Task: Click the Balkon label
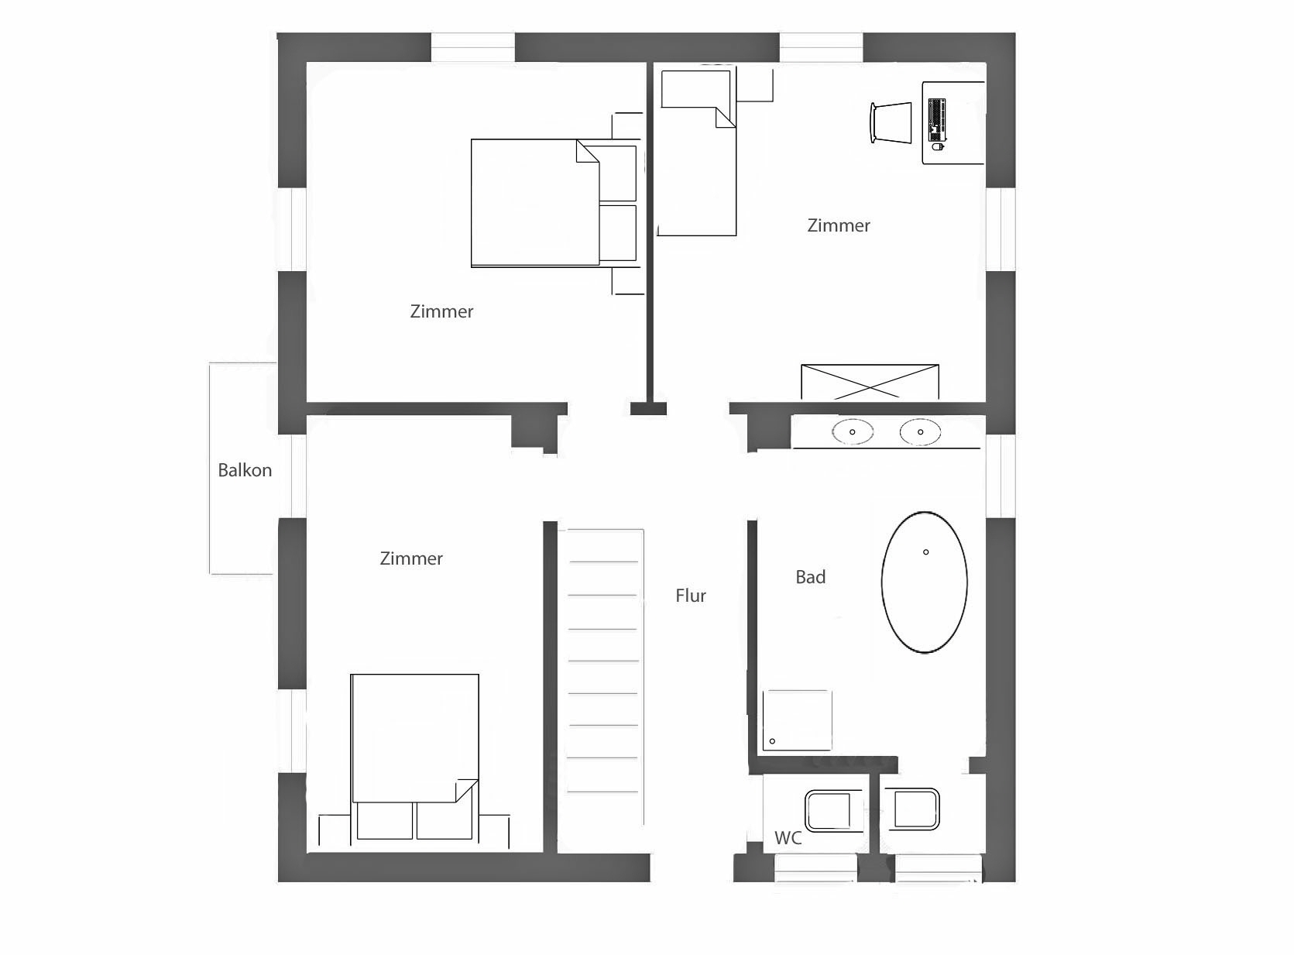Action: point(245,470)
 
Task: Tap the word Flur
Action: point(691,596)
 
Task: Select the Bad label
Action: point(810,577)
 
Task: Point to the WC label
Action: point(788,838)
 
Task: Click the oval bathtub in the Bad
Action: point(924,582)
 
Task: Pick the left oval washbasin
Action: point(853,432)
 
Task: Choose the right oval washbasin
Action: point(920,432)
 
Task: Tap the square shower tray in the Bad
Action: point(797,720)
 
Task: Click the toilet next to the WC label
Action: point(833,810)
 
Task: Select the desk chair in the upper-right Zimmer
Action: point(891,122)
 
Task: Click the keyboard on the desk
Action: point(937,120)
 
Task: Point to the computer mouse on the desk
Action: point(938,147)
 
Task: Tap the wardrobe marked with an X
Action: point(870,382)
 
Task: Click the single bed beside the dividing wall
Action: point(698,153)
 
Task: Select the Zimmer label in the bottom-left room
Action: point(411,558)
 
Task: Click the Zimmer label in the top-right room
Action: point(839,225)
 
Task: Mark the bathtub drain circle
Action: point(926,551)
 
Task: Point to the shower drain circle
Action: point(772,741)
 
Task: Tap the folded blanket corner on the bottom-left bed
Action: point(467,790)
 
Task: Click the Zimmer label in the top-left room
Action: point(441,311)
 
